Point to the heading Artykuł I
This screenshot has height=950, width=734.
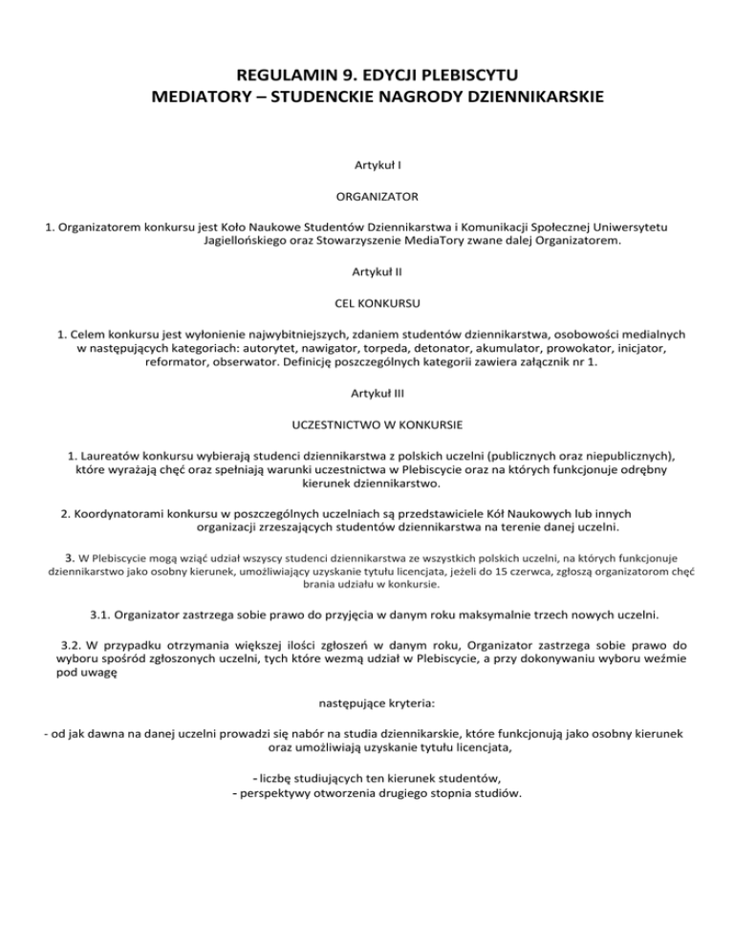367,165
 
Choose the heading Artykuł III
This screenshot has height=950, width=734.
367,392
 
